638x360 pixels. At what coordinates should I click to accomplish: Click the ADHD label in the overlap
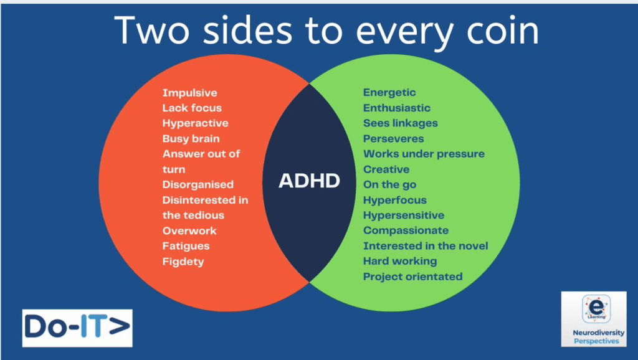tap(309, 181)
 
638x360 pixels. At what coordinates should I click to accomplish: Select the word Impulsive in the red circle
tap(189, 93)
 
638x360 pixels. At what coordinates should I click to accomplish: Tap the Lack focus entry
tap(192, 108)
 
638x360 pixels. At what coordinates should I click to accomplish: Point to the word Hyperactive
tap(195, 123)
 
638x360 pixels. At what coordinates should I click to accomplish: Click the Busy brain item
tap(191, 139)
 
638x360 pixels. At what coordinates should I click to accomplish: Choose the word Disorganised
tap(198, 185)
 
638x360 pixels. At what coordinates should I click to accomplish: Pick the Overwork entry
tap(189, 230)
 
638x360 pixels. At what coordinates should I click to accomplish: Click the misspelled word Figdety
tap(183, 262)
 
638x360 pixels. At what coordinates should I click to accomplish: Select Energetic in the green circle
tap(389, 93)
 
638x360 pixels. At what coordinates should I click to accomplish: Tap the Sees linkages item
tap(401, 123)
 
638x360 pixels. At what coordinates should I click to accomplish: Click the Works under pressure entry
tap(424, 154)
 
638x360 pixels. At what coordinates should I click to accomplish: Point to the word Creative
tap(386, 169)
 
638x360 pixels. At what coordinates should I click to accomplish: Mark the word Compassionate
tap(406, 230)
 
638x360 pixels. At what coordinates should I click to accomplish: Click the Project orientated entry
tap(412, 277)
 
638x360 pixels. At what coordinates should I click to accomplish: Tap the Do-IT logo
tap(77, 328)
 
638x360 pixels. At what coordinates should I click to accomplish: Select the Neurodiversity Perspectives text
tap(599, 337)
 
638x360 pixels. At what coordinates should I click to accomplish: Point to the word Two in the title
tap(151, 31)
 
